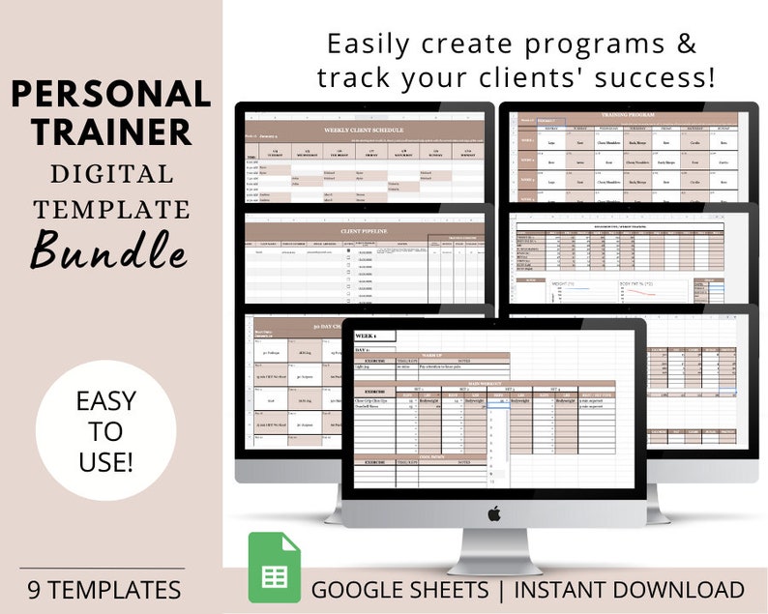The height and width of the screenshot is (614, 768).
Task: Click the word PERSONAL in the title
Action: (x=111, y=94)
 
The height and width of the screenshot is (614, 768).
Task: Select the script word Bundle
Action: (x=108, y=249)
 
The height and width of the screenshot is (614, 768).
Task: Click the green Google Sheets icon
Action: (x=274, y=568)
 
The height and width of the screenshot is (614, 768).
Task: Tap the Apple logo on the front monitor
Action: (x=493, y=513)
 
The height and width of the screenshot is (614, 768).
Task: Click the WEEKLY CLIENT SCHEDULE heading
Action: (x=362, y=130)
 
